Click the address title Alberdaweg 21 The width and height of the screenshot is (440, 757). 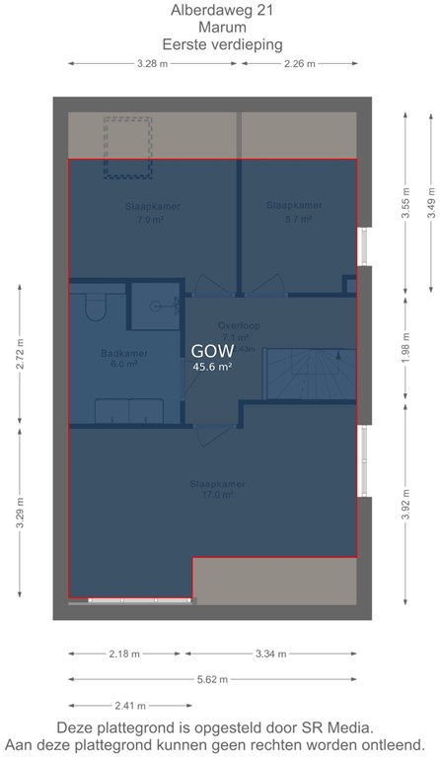pyautogui.click(x=220, y=11)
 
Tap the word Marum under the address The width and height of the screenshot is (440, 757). pyautogui.click(x=220, y=28)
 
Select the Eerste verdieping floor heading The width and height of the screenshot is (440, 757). pyautogui.click(x=220, y=44)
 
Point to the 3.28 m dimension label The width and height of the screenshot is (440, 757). pyautogui.click(x=153, y=64)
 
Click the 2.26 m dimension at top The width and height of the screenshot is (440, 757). pyautogui.click(x=300, y=64)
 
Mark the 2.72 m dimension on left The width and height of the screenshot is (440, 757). pyautogui.click(x=21, y=354)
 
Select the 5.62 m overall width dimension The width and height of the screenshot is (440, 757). pyautogui.click(x=212, y=679)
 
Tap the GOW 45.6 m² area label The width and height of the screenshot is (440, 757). pyautogui.click(x=212, y=357)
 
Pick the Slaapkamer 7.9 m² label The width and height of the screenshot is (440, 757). pyautogui.click(x=152, y=213)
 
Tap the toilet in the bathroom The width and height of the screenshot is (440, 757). pyautogui.click(x=96, y=307)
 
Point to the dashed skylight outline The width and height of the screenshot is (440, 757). pyautogui.click(x=129, y=147)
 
